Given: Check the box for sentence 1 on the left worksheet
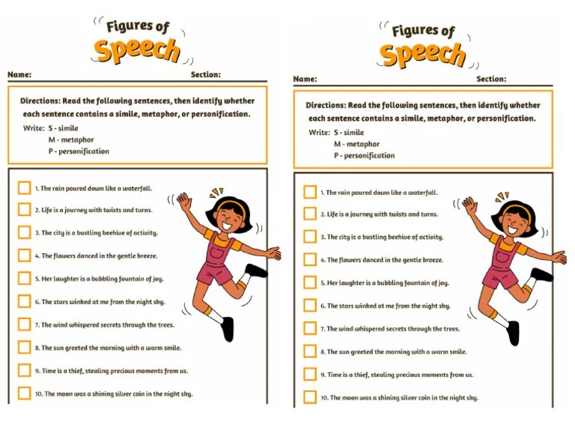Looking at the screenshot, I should tap(25, 188).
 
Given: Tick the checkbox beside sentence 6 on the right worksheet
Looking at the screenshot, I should tap(310, 306).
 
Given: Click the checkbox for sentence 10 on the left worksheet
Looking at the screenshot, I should tap(25, 393).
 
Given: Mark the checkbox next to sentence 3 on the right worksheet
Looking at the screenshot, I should tap(310, 237).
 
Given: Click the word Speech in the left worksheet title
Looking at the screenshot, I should tap(137, 50).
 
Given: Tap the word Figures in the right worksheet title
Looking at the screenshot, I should tap(410, 31).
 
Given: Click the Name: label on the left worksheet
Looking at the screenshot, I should tap(20, 75).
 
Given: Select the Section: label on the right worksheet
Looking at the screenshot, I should tap(491, 79).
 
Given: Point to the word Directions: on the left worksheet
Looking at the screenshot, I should tap(44, 100).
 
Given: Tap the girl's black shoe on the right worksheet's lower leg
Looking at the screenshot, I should tap(513, 333).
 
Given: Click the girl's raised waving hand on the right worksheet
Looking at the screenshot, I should tap(469, 204).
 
